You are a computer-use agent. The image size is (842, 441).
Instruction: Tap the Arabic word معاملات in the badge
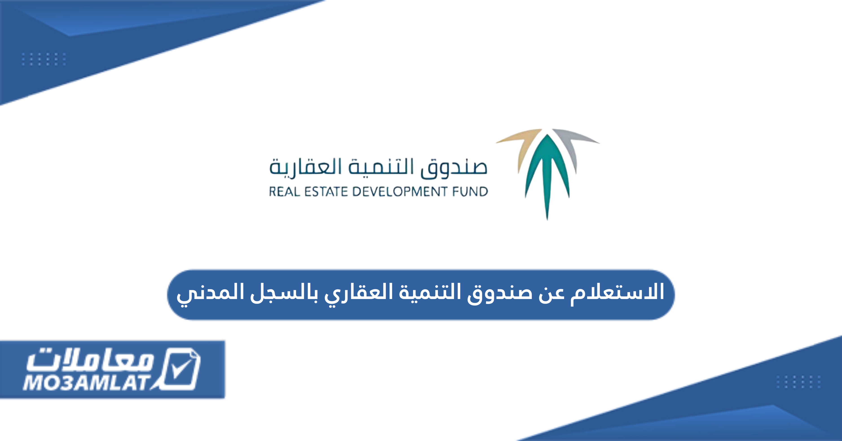point(90,359)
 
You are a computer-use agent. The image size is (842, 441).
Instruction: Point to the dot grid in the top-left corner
point(44,59)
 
